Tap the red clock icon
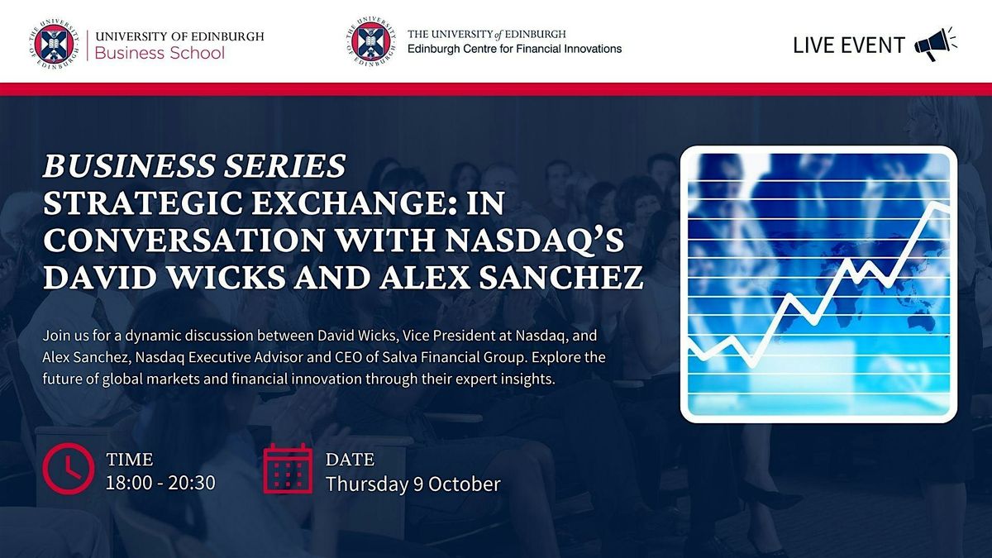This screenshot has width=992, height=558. [x=69, y=469]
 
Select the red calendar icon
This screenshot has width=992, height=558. [x=288, y=468]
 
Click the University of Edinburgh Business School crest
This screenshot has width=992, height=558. [x=55, y=45]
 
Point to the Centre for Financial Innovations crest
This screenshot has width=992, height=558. [x=371, y=41]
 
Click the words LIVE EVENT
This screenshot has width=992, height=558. [x=848, y=45]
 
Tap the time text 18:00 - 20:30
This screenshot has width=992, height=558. [x=160, y=483]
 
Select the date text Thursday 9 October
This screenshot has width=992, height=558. [x=413, y=484]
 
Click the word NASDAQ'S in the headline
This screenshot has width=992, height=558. [x=534, y=240]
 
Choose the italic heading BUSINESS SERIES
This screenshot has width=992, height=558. [x=194, y=165]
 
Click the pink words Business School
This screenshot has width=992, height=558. [x=160, y=53]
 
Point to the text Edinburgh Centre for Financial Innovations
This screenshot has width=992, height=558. [x=514, y=49]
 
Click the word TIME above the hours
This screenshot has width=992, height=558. [x=130, y=460]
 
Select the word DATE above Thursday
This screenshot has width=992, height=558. [x=350, y=460]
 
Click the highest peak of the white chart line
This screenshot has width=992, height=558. [x=935, y=204]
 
